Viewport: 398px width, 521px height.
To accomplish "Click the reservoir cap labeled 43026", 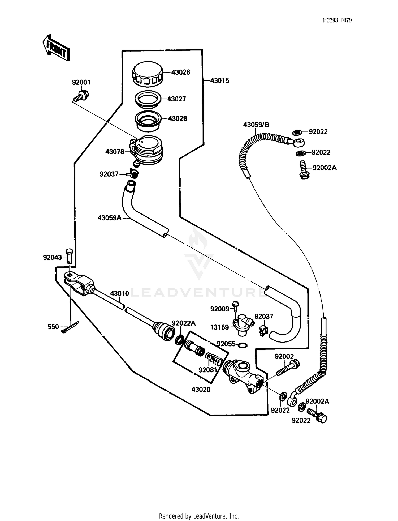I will click(x=148, y=74).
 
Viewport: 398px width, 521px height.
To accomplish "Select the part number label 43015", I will click(x=219, y=80).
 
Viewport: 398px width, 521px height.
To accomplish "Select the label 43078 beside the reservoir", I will click(x=115, y=152).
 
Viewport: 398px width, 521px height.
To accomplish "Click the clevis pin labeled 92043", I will click(x=70, y=256).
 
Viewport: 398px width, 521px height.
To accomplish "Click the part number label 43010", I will click(x=119, y=293).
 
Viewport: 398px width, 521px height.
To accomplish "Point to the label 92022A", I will click(x=184, y=323).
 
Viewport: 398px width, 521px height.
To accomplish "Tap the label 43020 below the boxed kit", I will click(x=201, y=390).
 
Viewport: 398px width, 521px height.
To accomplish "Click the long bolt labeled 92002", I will click(x=287, y=368).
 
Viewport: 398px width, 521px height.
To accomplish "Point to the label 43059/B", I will click(x=256, y=125).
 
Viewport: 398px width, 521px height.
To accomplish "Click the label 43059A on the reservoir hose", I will click(x=109, y=218).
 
